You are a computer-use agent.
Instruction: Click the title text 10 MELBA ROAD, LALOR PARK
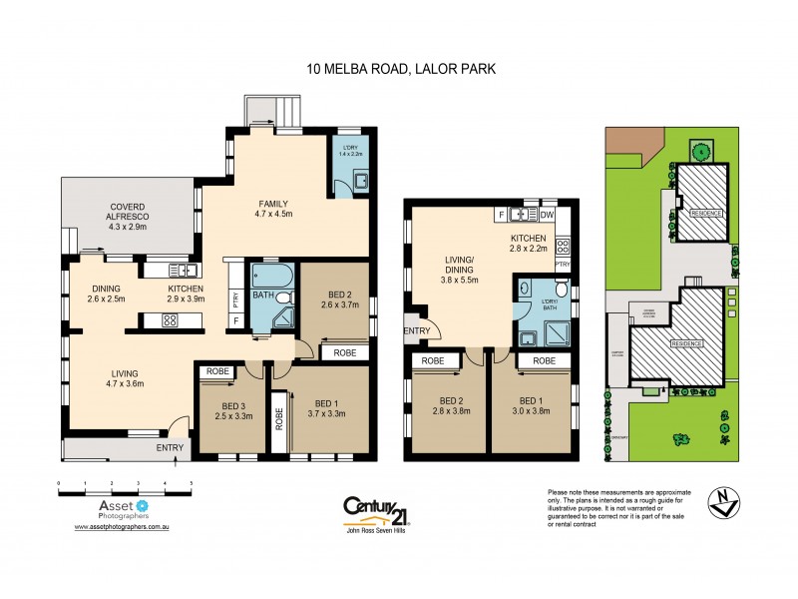click(399, 70)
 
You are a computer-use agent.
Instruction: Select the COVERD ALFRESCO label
click(129, 217)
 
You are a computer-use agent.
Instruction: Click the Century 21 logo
click(378, 510)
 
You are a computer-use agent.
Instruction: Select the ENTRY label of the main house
click(170, 448)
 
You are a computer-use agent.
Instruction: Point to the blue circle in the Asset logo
click(143, 506)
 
